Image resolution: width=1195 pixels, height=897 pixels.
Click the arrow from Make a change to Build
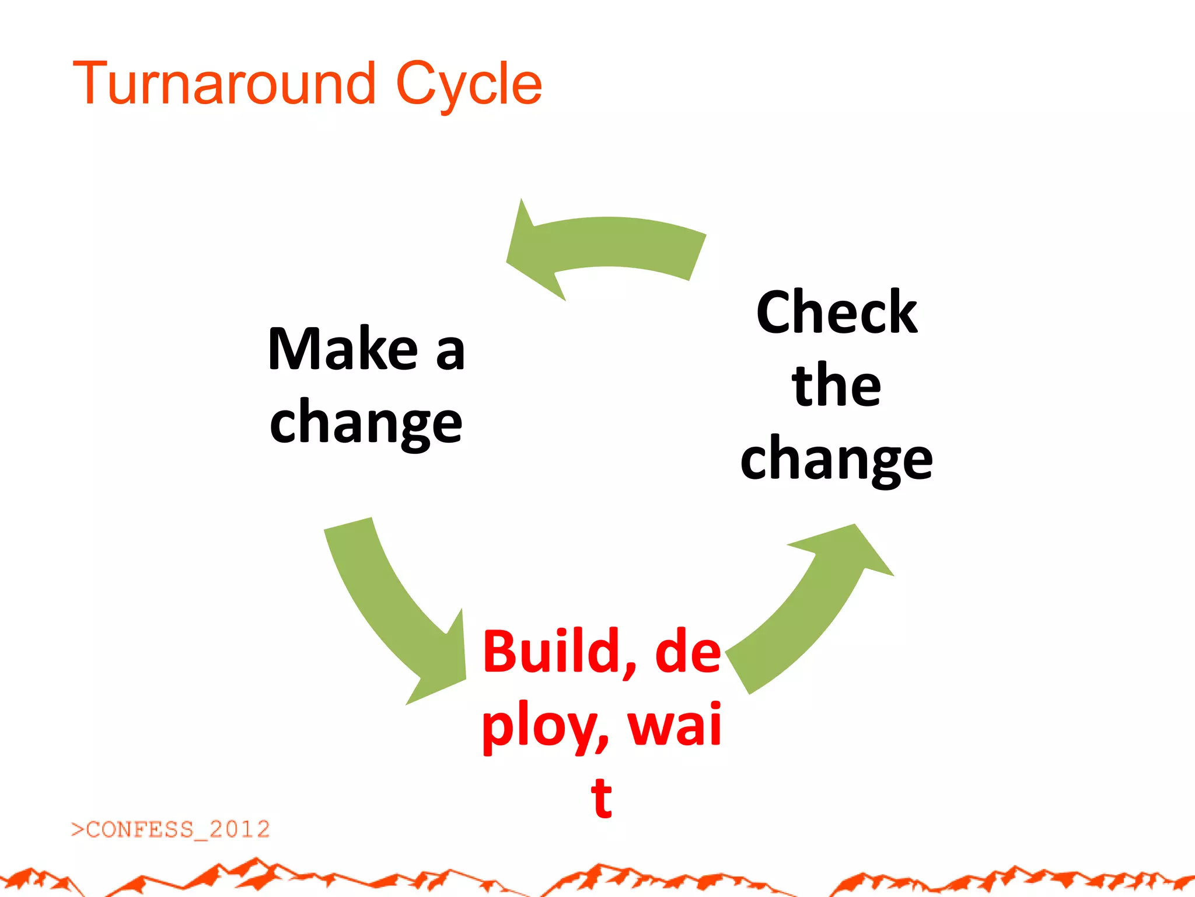(x=391, y=607)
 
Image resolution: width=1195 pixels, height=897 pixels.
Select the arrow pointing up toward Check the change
(x=811, y=607)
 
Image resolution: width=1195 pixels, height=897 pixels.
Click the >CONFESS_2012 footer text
(x=170, y=829)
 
